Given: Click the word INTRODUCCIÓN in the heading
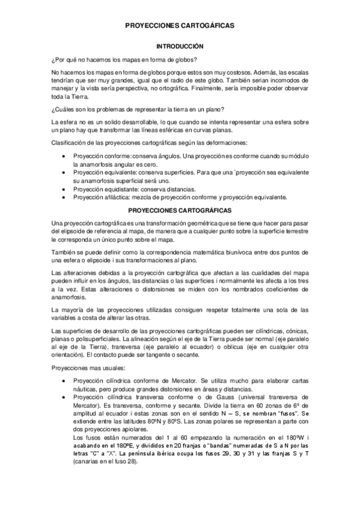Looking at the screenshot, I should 180,46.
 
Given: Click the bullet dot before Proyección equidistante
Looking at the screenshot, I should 64,188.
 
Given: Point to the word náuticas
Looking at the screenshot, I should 88,390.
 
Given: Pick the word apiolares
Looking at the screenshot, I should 142,429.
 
